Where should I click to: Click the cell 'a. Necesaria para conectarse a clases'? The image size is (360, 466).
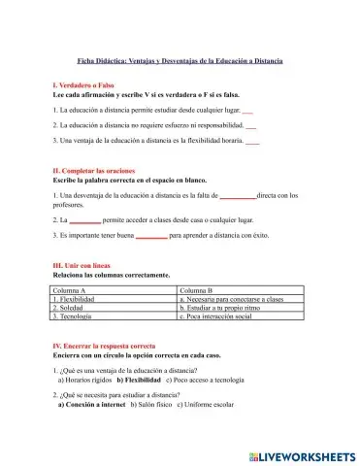coord(231,300)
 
